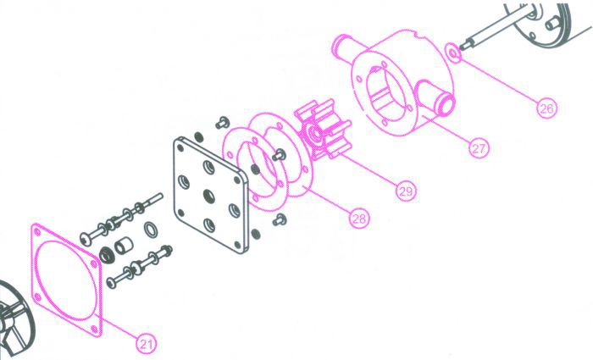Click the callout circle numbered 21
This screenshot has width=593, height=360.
pos(147,344)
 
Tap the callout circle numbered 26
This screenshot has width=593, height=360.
pos(546,108)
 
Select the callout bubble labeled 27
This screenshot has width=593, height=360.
pos(479,148)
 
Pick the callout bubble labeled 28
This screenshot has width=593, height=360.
pos(358,219)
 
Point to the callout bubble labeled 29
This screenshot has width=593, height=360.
pos(406,191)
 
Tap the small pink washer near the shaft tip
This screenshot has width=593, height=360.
pos(453,52)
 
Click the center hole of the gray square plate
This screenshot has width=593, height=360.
pos(208,196)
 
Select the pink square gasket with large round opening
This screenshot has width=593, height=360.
pos(67,280)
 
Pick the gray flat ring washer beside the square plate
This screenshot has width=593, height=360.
pos(151,230)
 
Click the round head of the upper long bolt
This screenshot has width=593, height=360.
pos(86,238)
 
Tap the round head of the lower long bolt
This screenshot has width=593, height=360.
pos(111,282)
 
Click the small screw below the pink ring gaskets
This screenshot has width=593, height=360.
pos(280,219)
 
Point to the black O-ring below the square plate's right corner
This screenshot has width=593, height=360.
pos(256,234)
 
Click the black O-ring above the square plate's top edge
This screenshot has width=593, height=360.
pos(198,136)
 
